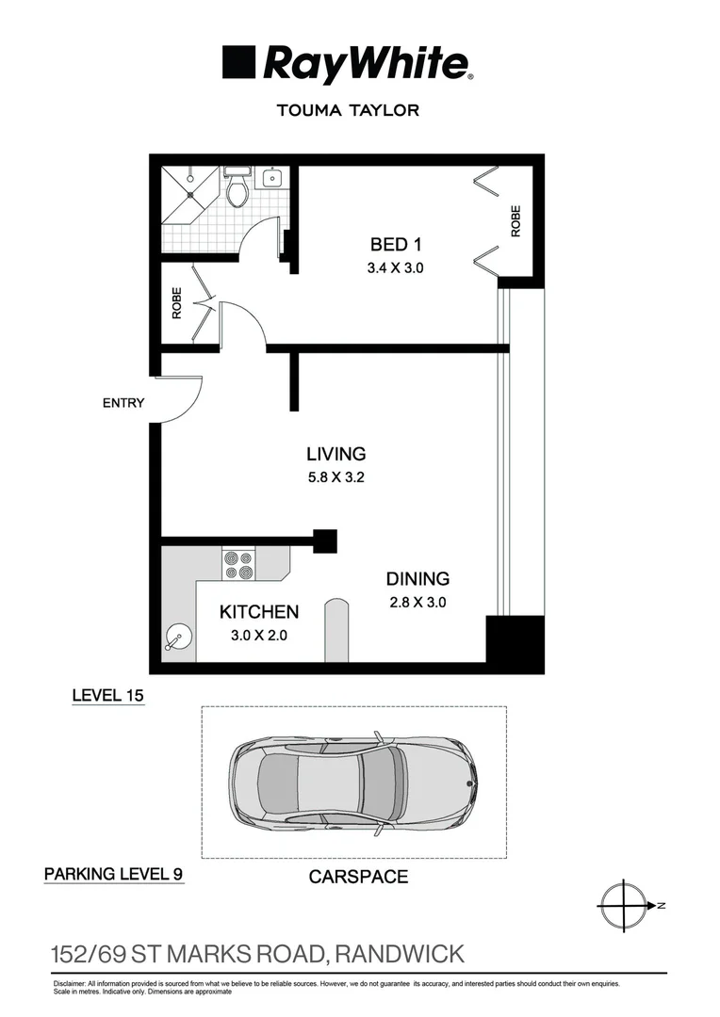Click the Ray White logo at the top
(x=347, y=64)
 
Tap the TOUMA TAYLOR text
(x=347, y=110)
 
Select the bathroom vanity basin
(x=273, y=177)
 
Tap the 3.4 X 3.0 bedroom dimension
(x=395, y=268)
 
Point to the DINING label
(x=417, y=579)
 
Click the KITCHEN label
(x=259, y=612)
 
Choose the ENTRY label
(x=123, y=403)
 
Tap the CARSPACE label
(x=358, y=877)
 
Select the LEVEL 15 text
(x=108, y=696)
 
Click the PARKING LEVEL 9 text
(x=113, y=874)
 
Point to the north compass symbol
(x=625, y=906)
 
